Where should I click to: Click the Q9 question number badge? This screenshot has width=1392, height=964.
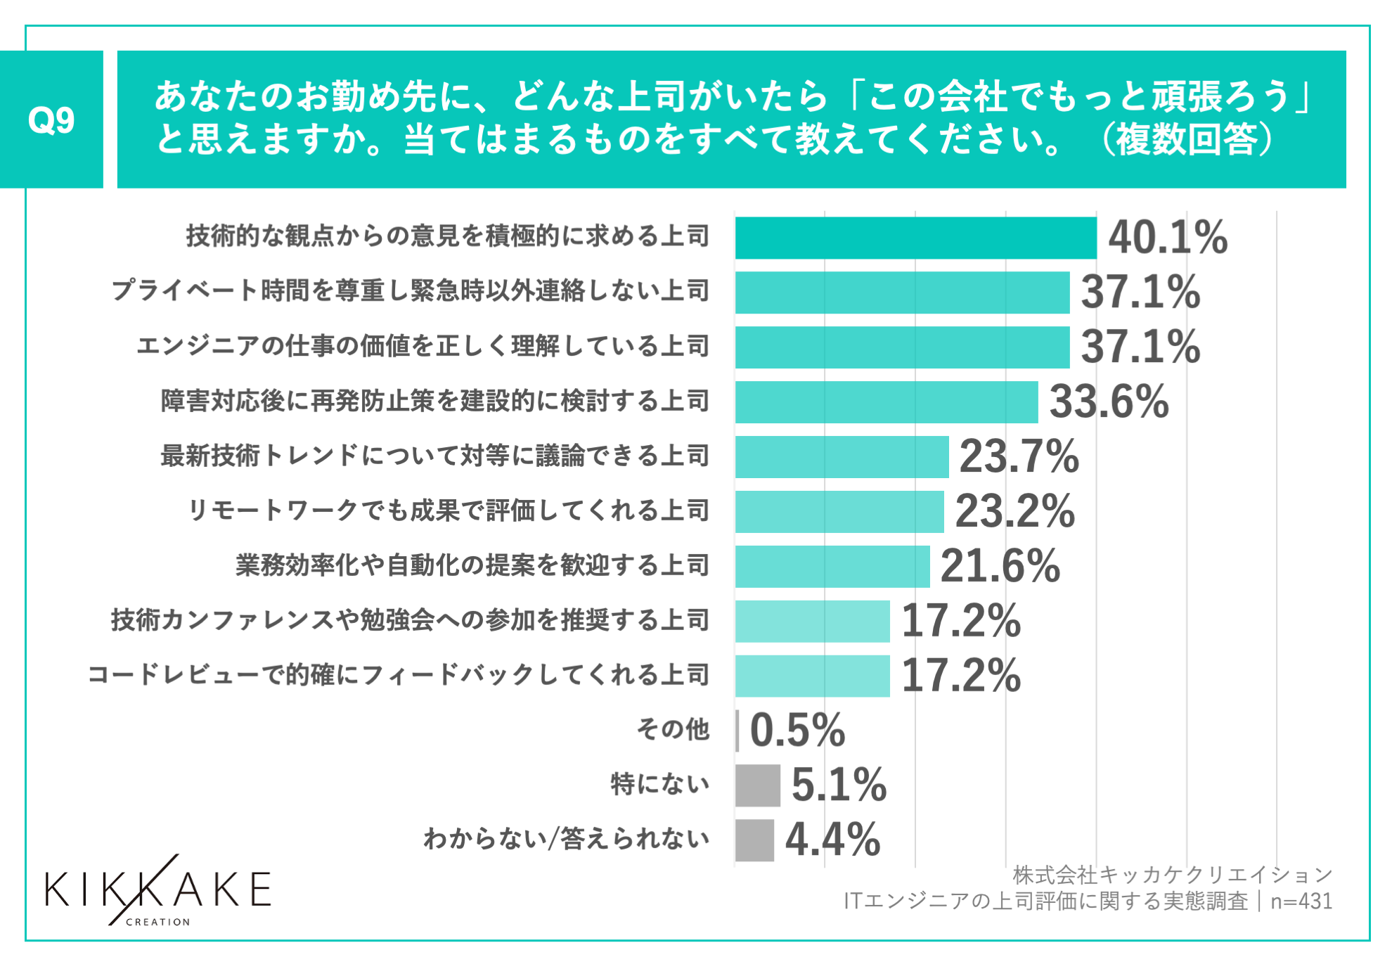[x=51, y=120]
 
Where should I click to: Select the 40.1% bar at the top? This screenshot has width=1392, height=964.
[x=915, y=238]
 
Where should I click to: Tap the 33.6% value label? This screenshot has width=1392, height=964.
[x=1109, y=402]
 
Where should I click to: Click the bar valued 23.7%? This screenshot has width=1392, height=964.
[x=842, y=457]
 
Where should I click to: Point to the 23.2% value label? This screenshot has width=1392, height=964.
[x=1014, y=511]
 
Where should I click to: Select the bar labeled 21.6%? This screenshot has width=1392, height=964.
[x=832, y=567]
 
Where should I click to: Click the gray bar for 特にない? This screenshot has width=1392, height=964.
[x=757, y=785]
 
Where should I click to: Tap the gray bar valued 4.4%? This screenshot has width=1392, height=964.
[x=754, y=840]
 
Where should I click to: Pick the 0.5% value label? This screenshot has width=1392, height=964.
[x=797, y=731]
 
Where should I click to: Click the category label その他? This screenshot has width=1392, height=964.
[x=673, y=730]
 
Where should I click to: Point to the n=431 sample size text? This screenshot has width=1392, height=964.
[x=1301, y=901]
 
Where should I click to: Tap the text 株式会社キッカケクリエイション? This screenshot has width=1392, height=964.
[x=1172, y=875]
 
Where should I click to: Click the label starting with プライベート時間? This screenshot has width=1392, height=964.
[x=410, y=291]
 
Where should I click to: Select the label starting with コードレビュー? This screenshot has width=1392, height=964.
[x=398, y=675]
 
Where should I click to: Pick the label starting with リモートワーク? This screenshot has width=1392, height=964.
[x=448, y=511]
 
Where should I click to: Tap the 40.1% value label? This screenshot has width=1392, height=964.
[x=1168, y=238]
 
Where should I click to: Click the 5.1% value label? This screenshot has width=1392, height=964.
[x=839, y=785]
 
